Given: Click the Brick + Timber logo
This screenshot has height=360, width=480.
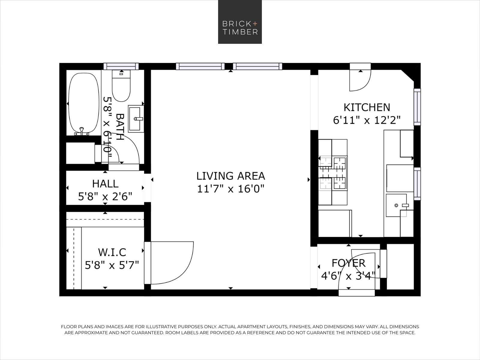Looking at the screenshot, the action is point(240,22).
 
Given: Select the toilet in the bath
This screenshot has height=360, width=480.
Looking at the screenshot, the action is point(121,86).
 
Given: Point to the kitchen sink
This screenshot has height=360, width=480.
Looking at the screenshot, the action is point(396,205).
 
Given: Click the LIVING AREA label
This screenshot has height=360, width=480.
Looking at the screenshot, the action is point(231,176).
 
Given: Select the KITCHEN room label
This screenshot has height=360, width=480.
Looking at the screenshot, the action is point(367,107).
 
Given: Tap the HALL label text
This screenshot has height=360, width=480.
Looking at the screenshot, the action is point(105,184).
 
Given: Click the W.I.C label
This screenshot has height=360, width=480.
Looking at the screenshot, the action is point(112,252).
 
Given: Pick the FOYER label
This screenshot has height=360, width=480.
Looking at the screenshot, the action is point(349,263).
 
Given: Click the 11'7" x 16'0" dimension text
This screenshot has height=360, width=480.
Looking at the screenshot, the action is point(231,189).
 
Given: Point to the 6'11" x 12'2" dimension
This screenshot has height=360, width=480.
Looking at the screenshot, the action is point(367,120).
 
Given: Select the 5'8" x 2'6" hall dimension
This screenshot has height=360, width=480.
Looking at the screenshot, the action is point(105,196).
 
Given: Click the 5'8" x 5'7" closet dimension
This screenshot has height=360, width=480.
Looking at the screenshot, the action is point(112,265).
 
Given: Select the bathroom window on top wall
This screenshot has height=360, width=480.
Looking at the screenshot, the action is point(121,66).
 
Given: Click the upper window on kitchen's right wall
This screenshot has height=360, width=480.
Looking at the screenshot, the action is point(417,107).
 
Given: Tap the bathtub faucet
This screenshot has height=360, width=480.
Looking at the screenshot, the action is point(82,131).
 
